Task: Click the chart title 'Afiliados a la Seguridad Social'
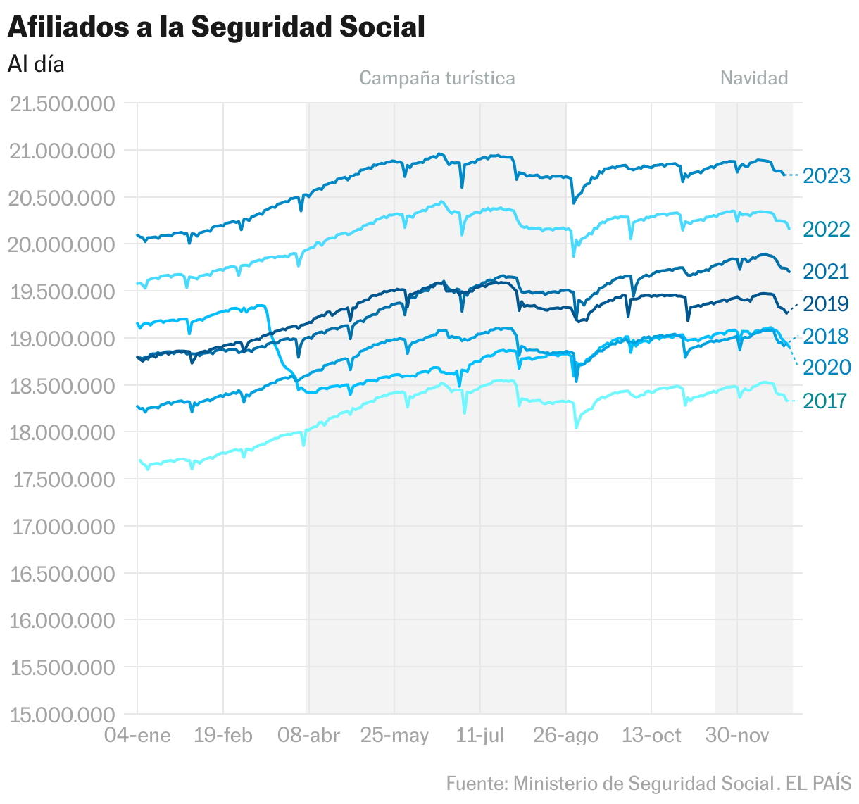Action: [x=216, y=27]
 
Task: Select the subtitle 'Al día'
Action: [x=36, y=64]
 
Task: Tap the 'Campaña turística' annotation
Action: [x=437, y=78]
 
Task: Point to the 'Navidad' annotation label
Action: [x=754, y=78]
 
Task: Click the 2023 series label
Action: [x=827, y=175]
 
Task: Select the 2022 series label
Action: [x=827, y=230]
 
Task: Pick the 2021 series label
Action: [x=827, y=272]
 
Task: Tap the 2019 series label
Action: [x=827, y=304]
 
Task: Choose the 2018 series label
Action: [x=827, y=337]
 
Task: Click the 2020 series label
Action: [x=827, y=368]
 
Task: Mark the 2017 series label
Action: [x=824, y=401]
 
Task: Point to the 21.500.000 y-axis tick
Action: [x=63, y=104]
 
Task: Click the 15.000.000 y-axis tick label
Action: [x=63, y=715]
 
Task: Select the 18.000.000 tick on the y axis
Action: [x=63, y=433]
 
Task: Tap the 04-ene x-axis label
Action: [x=137, y=736]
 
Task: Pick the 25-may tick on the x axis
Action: [x=394, y=736]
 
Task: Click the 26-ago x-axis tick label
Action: [x=566, y=736]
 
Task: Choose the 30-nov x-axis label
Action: [x=737, y=736]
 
